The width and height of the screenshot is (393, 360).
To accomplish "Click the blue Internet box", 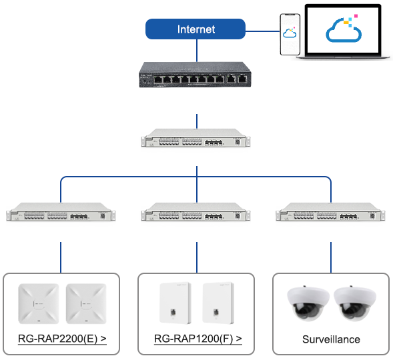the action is pos(195,29).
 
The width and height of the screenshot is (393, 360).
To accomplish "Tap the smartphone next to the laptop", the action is pos(290,34).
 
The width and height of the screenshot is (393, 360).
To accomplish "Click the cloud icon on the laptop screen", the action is pos(344,30).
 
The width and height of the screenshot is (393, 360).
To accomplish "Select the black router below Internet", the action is pos(195,75).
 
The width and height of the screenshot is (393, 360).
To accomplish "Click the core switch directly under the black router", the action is pos(195,138).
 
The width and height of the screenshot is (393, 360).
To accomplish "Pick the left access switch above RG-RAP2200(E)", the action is pos(61,212).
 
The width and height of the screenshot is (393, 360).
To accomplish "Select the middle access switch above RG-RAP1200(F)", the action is pos(195,212).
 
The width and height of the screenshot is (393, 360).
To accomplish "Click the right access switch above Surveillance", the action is pos(330,212).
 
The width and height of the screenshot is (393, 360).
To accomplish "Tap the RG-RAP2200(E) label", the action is pos(62,339).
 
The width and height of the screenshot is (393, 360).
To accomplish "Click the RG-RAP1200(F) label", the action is pos(198,339).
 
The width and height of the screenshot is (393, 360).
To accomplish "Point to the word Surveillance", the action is pos(331,339).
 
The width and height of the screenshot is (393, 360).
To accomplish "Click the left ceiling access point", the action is pos(39,304).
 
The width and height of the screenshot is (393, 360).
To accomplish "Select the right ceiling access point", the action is pos(86,304).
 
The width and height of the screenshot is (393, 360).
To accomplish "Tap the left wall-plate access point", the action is pos(175,303).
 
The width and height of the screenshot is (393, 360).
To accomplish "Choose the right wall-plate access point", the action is pos(218,303).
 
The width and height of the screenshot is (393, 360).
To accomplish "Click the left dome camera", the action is pos(308,303).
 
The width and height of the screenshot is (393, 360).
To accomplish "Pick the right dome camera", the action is pos(355,303).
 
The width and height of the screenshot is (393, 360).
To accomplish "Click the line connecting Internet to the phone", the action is pos(262,31).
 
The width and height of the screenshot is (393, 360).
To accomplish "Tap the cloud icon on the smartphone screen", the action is pos(290,33).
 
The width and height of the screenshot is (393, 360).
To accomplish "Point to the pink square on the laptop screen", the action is pos(356,16).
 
